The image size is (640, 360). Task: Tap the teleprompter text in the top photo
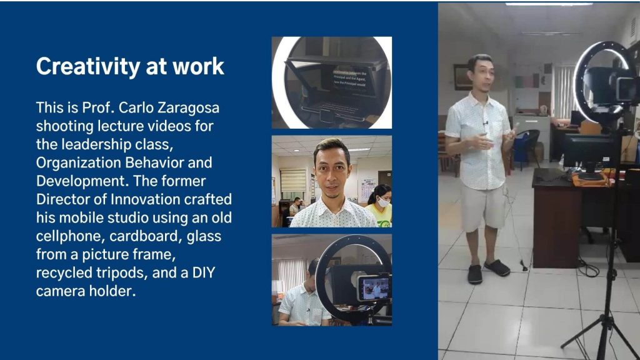350,78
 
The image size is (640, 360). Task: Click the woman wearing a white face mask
380,205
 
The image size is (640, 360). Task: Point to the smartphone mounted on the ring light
374,287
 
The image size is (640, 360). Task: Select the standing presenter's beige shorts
483,207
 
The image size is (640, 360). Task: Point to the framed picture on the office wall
462,77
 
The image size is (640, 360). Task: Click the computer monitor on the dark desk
587,153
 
